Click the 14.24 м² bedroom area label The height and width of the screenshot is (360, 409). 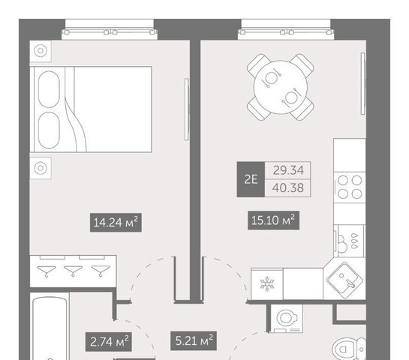116,222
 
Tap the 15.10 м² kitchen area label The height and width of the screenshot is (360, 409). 273,220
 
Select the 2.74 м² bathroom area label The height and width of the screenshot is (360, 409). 109,341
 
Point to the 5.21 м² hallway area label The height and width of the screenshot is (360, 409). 194,340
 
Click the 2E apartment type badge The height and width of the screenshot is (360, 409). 251,179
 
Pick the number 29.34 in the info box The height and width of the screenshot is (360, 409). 288,170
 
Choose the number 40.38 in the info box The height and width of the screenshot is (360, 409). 288,187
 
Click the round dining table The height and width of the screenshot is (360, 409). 281,87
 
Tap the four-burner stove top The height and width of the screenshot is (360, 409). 350,187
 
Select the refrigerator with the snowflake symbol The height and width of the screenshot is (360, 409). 267,284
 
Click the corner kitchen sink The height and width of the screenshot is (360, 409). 344,280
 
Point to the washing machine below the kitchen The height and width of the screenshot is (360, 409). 287,319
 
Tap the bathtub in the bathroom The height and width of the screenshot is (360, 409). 50,326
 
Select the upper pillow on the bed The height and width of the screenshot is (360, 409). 49,89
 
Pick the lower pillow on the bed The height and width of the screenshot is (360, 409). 49,130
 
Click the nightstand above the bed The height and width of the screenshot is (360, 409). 41,51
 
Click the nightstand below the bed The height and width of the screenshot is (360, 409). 41,168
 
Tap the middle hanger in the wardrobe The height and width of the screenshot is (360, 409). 74,271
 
